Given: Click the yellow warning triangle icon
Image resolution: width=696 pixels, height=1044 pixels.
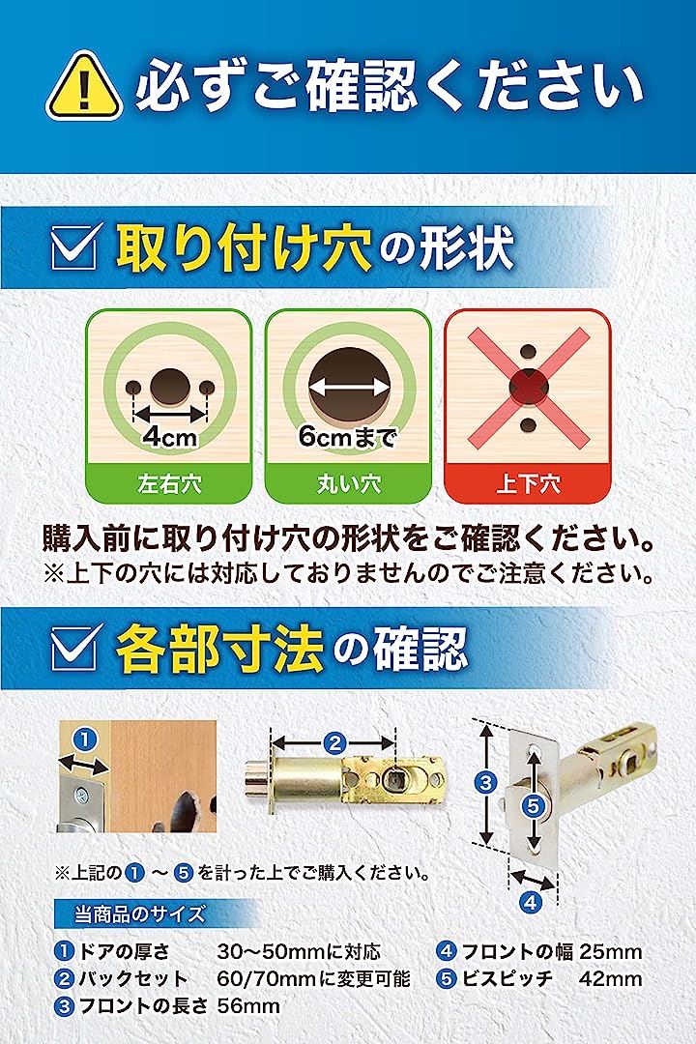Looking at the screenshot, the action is pos(84,87).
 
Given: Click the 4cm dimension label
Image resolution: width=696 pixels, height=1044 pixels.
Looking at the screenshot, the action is pos(170,437).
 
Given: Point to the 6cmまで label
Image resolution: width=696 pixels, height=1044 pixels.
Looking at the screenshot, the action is pos(348,437).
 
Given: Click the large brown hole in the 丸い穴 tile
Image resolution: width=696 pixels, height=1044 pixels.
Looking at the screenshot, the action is pos(348,386).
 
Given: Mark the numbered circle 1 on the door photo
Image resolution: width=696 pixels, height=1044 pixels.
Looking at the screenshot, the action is pos(85,739).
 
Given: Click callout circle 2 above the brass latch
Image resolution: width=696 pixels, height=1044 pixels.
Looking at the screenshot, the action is pos(334,741).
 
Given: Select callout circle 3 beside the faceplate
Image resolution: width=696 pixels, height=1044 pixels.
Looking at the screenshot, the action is pos(486,782).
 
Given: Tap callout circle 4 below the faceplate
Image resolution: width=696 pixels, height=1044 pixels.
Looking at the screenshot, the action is pos(530,903).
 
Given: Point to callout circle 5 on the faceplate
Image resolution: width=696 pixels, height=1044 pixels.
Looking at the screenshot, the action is pos(534,806).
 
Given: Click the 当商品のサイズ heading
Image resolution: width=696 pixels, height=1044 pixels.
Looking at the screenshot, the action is pos(139,913).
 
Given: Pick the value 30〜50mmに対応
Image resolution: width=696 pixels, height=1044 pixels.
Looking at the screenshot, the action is pos(299,951).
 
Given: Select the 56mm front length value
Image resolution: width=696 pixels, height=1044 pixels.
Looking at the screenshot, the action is pos(248,1005).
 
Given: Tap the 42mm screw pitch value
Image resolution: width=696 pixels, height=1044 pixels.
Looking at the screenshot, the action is pos(611,978).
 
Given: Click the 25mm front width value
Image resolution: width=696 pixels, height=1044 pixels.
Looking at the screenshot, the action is pos(611,951).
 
